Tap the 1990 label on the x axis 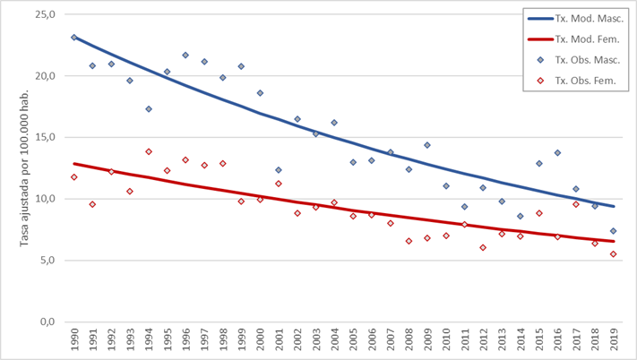pos(73,343)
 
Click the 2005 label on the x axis pos(353,343)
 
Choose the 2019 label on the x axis pos(614,343)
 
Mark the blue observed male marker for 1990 pos(73,38)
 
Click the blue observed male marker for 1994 pos(148,109)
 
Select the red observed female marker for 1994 pos(148,152)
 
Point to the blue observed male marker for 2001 pos(279,170)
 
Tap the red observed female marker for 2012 pos(483,247)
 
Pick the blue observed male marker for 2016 pos(557,153)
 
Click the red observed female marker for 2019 pos(614,254)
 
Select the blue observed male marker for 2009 pos(427,145)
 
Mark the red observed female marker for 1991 pos(92,204)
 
